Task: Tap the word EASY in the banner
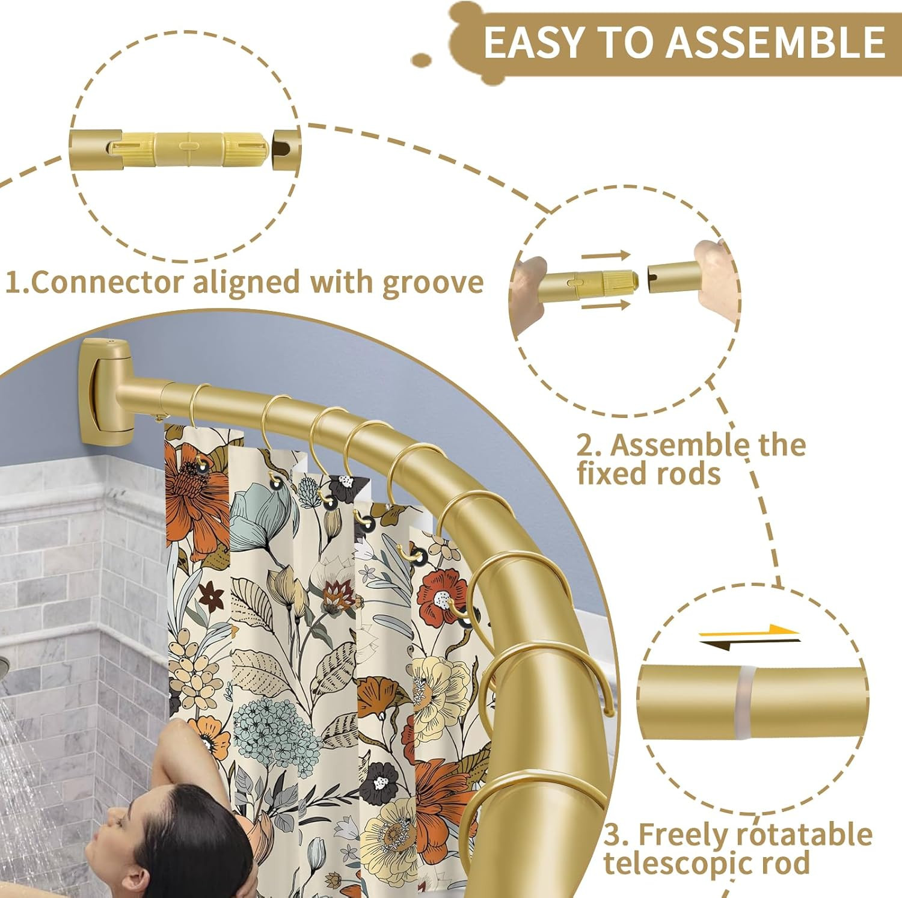coord(533,43)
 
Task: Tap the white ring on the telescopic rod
coord(746,695)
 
